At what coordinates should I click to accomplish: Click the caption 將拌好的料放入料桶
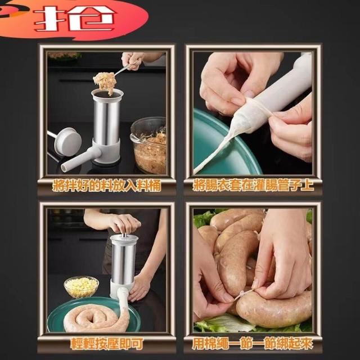pos(106,186)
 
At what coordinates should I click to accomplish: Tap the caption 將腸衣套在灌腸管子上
pos(253,186)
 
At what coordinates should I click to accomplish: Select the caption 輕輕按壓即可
pos(106,344)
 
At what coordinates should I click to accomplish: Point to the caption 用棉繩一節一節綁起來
pos(253,344)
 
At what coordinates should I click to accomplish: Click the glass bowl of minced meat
pos(149,146)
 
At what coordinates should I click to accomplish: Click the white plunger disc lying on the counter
pos(67,142)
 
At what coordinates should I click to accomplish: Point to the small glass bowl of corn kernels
pos(81,287)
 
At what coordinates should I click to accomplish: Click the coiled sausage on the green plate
pos(96,316)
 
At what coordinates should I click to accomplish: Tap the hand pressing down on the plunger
pos(125,223)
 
